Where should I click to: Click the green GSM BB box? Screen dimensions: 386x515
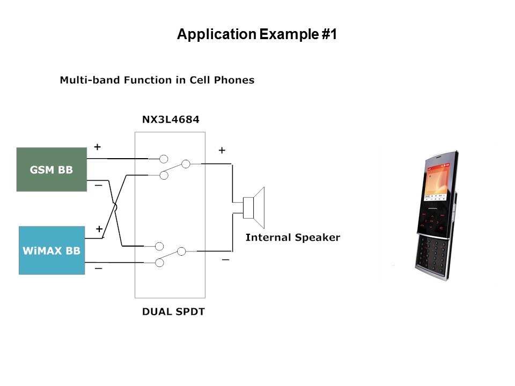point(51,169)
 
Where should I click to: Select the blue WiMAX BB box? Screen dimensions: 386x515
point(51,250)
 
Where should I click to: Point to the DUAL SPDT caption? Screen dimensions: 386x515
point(173,311)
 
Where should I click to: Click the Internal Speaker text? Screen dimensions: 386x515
point(292,237)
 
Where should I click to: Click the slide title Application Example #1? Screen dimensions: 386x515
point(257,35)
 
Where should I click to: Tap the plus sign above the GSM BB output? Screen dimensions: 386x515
point(97,146)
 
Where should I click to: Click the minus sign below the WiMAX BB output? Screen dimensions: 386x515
point(99,268)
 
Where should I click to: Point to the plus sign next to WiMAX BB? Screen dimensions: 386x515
point(99,229)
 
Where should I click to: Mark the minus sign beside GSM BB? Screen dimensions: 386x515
point(99,185)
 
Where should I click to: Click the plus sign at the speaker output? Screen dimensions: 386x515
point(222,151)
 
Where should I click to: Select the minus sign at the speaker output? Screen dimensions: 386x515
point(225,260)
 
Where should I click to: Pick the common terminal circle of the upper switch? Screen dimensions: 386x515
point(186,164)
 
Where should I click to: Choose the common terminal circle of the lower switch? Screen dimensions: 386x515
point(181,251)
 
